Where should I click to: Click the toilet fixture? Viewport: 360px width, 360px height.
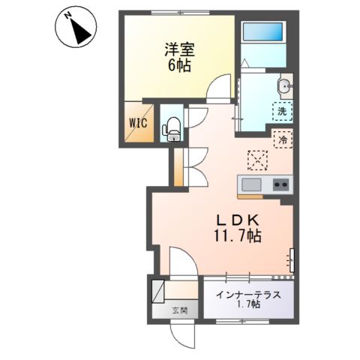(x=172, y=127)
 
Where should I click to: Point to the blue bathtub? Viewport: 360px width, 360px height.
(x=263, y=34)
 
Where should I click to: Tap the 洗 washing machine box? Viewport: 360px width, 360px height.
(x=281, y=112)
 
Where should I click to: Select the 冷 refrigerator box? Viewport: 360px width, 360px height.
(x=283, y=139)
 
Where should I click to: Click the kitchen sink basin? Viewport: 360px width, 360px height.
(x=250, y=185)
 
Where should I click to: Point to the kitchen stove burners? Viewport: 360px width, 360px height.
(x=281, y=185)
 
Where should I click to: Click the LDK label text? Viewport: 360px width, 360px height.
(x=238, y=220)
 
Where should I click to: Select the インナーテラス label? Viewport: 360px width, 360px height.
(x=248, y=294)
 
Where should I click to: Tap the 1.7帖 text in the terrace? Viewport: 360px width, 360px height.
(x=248, y=305)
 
